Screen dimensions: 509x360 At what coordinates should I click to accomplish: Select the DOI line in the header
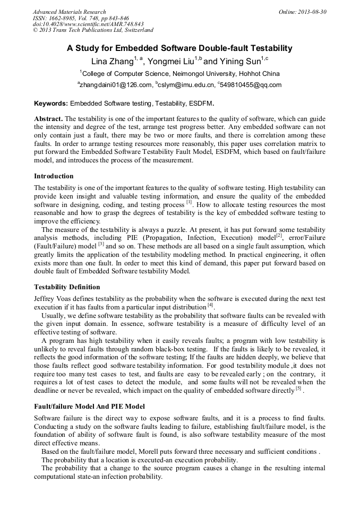click(88, 24)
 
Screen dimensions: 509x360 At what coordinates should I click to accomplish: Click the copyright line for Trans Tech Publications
click(93, 30)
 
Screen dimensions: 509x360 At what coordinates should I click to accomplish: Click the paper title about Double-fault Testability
click(179, 48)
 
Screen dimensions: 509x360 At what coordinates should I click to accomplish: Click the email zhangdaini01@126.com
click(116, 85)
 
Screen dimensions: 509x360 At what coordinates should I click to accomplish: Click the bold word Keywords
click(51, 103)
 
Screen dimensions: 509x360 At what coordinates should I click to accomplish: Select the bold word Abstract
click(48, 118)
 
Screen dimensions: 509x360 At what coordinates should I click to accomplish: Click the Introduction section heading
click(54, 176)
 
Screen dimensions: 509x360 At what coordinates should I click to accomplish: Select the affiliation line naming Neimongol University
click(181, 73)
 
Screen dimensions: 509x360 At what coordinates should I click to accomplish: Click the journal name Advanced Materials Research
click(69, 12)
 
